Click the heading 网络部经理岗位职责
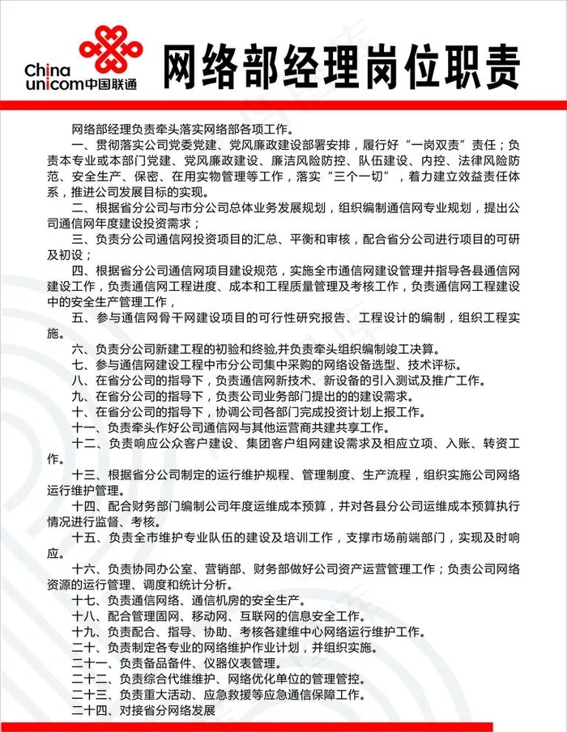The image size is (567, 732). (x=341, y=66)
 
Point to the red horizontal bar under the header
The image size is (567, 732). (x=283, y=105)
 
